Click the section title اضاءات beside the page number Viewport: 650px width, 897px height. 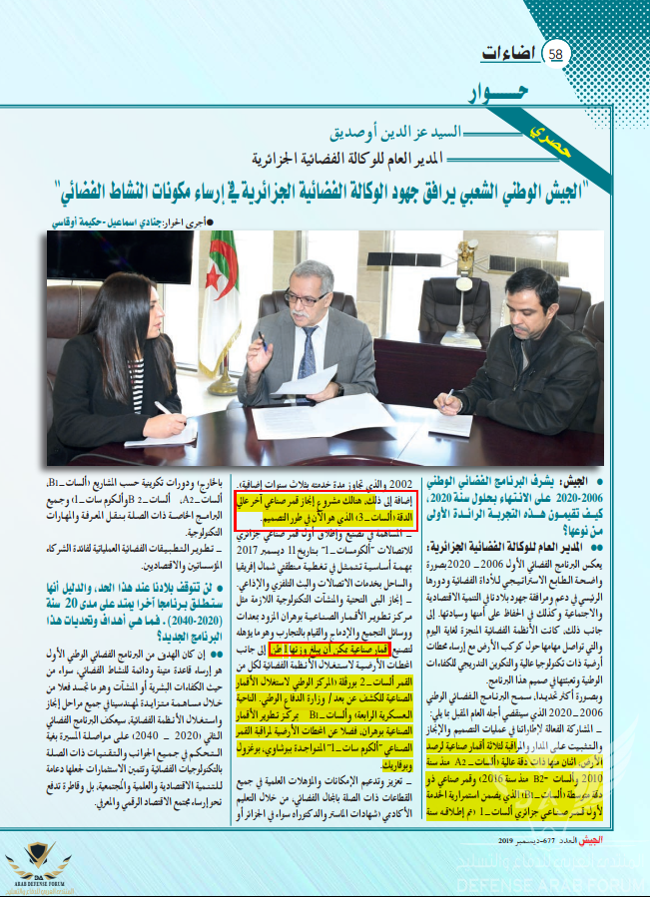tap(508, 53)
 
